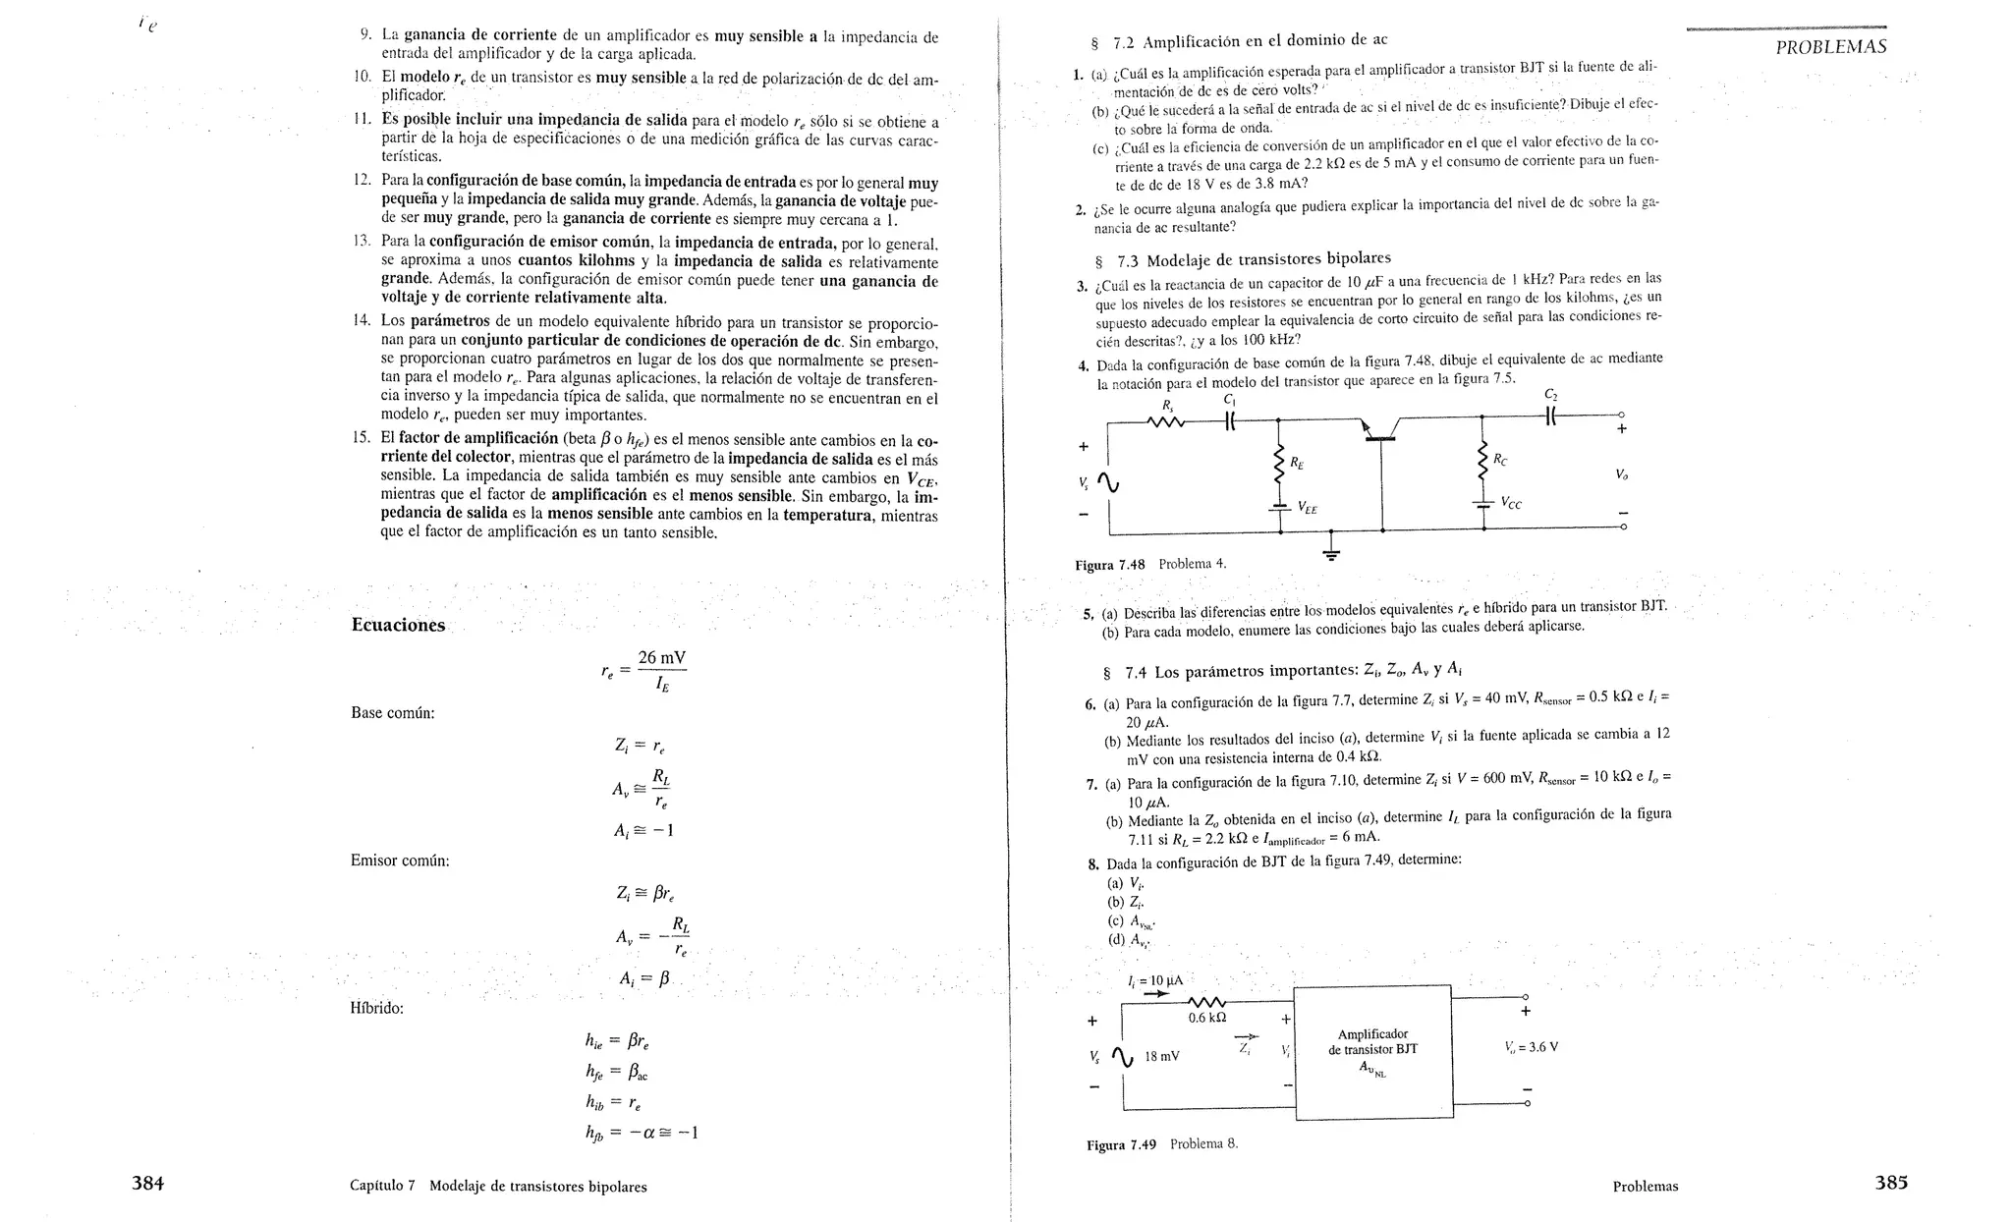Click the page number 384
(147, 1184)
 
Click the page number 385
(1891, 1183)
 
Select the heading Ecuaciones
(398, 626)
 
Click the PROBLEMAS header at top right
(1831, 47)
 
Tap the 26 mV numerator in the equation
(661, 657)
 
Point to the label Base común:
(392, 713)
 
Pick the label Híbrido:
(377, 1008)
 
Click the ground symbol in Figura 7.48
(1331, 552)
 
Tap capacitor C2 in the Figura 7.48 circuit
(1551, 415)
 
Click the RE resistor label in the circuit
(1298, 462)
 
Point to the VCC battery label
(1511, 503)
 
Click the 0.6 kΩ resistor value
(1207, 1018)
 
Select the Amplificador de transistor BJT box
(1372, 1051)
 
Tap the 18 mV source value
(1162, 1057)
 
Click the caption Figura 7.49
(1121, 1144)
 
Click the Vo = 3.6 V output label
(1531, 1047)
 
